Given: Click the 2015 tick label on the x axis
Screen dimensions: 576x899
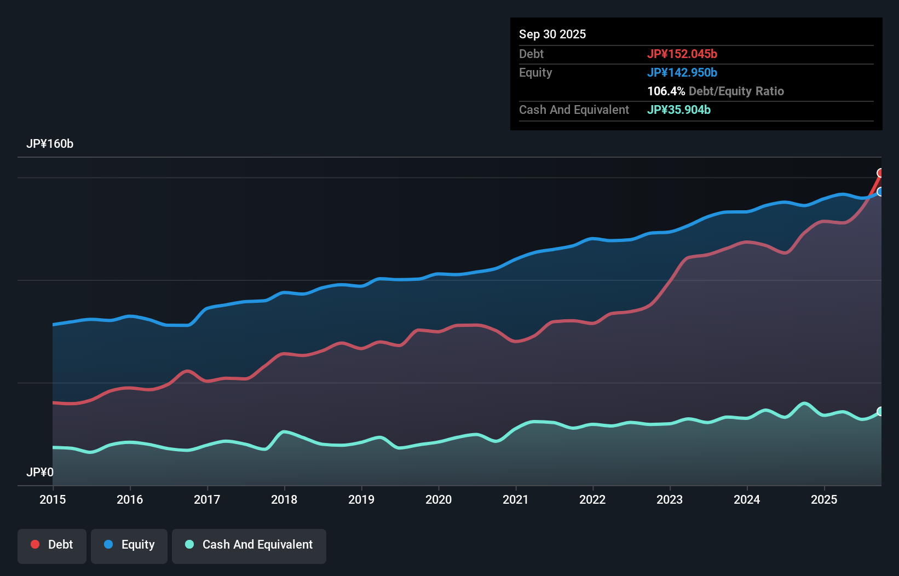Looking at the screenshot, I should pos(53,499).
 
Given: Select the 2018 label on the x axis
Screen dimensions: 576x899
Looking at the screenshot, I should pos(284,499).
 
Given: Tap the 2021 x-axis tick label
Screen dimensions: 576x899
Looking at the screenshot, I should pos(516,499).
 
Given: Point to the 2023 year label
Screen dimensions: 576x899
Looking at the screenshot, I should pos(670,499).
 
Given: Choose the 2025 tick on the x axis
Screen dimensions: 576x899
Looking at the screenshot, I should pos(824,499).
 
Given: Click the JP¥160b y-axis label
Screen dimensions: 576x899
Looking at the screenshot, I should pos(50,144).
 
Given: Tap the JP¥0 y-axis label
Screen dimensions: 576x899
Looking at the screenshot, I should pos(40,472).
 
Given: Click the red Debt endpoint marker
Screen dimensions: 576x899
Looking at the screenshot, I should pos(880,173).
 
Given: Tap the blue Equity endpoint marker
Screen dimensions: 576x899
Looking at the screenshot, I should pos(880,192).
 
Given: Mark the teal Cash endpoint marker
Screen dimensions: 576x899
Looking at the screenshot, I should pos(880,411).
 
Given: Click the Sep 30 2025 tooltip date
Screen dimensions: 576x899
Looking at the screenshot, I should pos(552,34).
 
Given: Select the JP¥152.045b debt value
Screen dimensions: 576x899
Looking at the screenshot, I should pos(682,54).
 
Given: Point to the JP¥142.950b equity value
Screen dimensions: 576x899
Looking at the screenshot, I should pos(682,72).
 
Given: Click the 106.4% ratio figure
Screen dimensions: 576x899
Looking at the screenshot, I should pos(666,91).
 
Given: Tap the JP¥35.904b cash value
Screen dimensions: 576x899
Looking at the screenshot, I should pos(679,110).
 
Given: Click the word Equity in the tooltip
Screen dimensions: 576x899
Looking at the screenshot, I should pos(535,72).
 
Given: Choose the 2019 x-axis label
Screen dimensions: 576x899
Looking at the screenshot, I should pos(361,499).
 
